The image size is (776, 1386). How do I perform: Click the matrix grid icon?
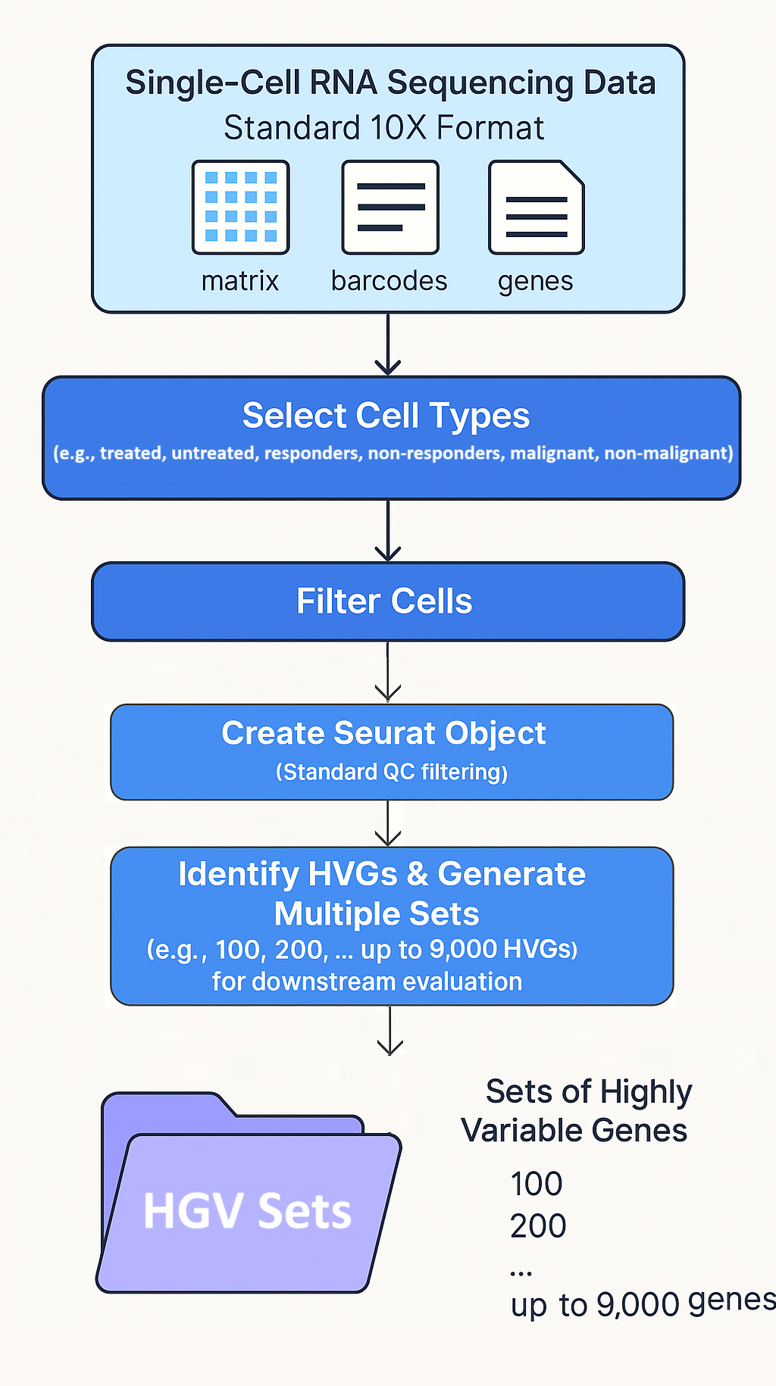coord(241,207)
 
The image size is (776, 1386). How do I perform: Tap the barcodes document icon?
coord(390,207)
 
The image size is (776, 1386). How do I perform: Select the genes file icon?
coord(537,207)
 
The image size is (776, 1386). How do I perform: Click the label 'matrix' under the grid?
coord(240,281)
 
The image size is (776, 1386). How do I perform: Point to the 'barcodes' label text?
coord(390,281)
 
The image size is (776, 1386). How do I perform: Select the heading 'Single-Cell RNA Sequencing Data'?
coord(390,83)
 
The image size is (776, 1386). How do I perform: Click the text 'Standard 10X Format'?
coord(384,128)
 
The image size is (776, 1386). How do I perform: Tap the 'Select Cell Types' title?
coord(386,416)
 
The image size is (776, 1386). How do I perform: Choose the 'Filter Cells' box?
coord(388,601)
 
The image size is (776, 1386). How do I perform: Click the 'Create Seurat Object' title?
coord(384,733)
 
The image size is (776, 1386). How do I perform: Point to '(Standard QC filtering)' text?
coord(392,772)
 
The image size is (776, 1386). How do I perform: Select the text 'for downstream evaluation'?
coord(368,982)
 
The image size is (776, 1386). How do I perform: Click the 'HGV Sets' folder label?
coord(248,1211)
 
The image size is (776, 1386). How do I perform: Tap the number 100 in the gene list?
coord(537,1184)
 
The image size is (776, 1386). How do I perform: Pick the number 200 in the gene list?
coord(538,1225)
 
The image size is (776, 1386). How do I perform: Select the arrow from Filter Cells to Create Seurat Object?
coord(388,671)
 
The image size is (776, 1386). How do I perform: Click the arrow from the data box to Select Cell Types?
coord(388,345)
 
